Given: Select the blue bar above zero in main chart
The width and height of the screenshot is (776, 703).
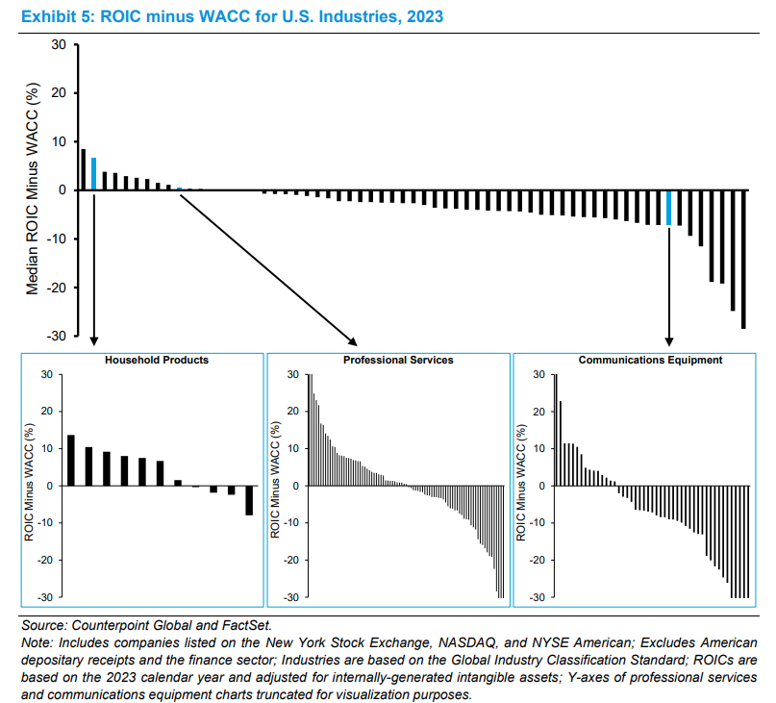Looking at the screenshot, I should click(x=93, y=174).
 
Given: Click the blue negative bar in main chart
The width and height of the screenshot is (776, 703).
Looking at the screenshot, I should click(x=669, y=207).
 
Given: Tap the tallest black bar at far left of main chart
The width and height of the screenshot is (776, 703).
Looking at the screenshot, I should click(x=83, y=169).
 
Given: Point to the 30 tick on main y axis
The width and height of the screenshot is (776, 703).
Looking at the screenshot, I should click(x=59, y=45).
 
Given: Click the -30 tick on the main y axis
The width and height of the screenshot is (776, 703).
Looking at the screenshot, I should click(x=56, y=336).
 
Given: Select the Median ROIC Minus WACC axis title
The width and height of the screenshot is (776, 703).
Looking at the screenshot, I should click(x=32, y=188).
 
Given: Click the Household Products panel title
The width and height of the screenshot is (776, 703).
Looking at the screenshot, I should click(x=156, y=360).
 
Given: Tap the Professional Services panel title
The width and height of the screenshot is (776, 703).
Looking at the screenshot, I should click(x=397, y=360).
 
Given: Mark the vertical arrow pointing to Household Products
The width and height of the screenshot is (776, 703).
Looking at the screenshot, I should click(x=93, y=269).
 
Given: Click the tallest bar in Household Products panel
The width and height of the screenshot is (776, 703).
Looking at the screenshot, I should click(x=71, y=461).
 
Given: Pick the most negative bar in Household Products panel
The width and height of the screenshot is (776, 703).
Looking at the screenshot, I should click(x=249, y=500).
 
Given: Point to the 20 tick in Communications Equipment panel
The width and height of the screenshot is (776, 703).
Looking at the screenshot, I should click(x=538, y=412).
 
